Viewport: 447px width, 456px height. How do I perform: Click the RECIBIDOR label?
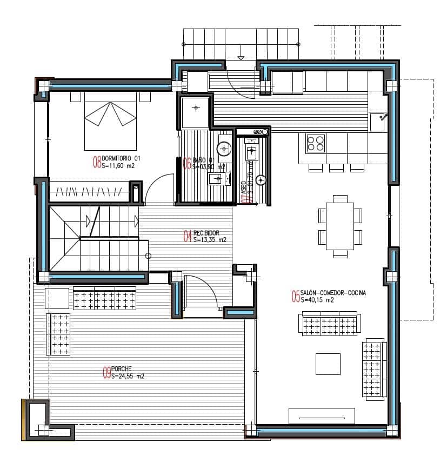pos(206,232)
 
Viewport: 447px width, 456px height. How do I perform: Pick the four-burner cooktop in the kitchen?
pos(316,143)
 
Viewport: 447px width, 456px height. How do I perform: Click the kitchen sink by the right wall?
pos(378,122)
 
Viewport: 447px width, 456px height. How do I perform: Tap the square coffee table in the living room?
pos(328,364)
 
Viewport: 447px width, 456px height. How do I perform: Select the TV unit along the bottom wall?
pos(322,415)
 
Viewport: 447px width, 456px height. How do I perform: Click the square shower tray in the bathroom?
pos(195,112)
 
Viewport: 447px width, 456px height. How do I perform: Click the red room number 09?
pos(107,372)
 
